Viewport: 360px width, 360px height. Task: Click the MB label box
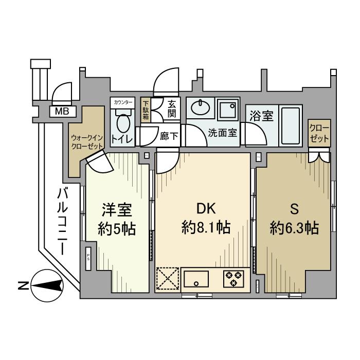click(x=62, y=111)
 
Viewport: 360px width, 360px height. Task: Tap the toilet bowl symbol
click(x=123, y=125)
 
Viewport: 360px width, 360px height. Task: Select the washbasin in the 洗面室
click(x=200, y=109)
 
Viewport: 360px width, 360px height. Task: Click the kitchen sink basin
click(x=196, y=278)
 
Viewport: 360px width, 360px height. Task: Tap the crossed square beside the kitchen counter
click(x=168, y=278)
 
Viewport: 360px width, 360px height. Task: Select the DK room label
click(x=206, y=209)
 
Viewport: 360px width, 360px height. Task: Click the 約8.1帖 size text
click(x=206, y=227)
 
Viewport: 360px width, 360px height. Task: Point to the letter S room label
click(x=295, y=209)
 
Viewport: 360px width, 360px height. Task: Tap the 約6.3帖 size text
click(x=295, y=227)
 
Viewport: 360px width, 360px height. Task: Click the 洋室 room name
click(x=117, y=210)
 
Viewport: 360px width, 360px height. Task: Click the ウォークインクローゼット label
click(x=86, y=142)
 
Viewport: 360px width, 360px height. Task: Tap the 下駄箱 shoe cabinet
click(x=146, y=109)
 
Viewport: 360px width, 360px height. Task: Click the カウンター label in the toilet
click(x=123, y=103)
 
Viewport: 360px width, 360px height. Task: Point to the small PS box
click(x=88, y=257)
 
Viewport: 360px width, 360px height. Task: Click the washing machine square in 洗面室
click(x=227, y=109)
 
